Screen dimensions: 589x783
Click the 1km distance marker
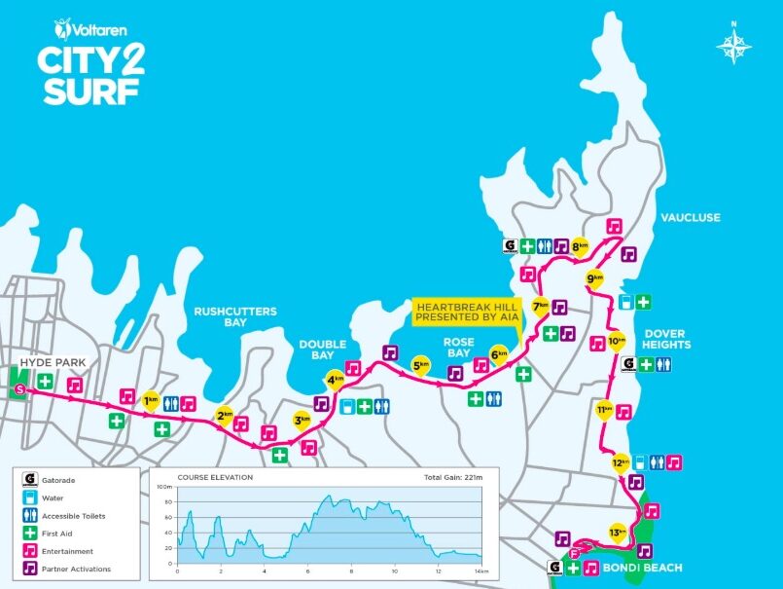tap(151, 400)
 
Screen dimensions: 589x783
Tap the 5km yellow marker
tap(421, 366)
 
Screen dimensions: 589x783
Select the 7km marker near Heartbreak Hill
tap(540, 305)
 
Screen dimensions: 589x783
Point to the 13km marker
tap(617, 533)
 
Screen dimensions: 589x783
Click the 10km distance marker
tap(616, 342)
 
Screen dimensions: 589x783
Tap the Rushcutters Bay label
tap(234, 316)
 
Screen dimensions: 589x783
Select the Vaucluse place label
tap(689, 218)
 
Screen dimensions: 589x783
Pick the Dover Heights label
tap(666, 339)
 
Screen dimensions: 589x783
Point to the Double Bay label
tap(322, 350)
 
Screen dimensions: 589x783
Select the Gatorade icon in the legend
tap(30, 479)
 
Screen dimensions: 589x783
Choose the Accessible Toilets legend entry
tap(30, 515)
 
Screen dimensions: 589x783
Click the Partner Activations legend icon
tap(30, 569)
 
